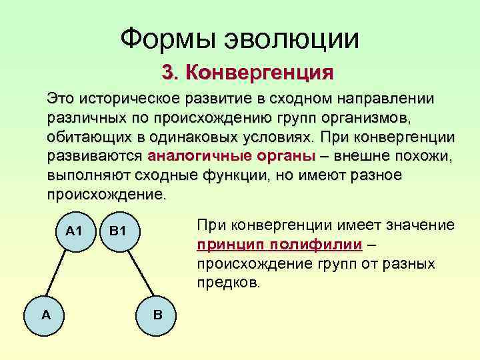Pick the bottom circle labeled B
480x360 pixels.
pyautogui.click(x=157, y=313)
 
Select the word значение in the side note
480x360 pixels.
pyautogui.click(x=419, y=225)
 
